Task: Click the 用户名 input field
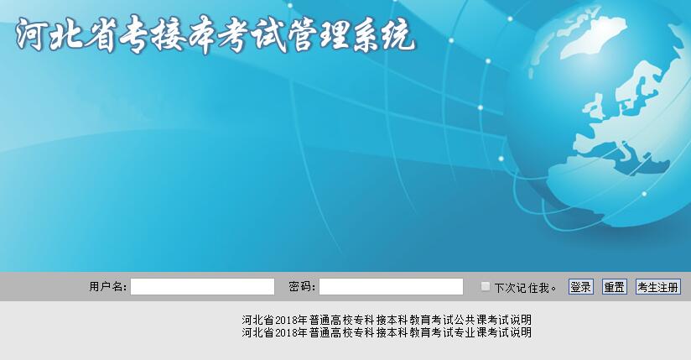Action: pos(202,286)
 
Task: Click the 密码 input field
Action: pos(391,286)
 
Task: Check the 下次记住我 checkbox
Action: pos(486,286)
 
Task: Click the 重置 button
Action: pos(615,287)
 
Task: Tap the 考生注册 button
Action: pos(658,287)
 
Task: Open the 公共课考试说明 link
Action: pos(387,320)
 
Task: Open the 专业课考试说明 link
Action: pos(387,332)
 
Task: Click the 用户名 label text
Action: pos(107,287)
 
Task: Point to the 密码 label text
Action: pos(302,287)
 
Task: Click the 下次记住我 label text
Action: pos(525,288)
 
